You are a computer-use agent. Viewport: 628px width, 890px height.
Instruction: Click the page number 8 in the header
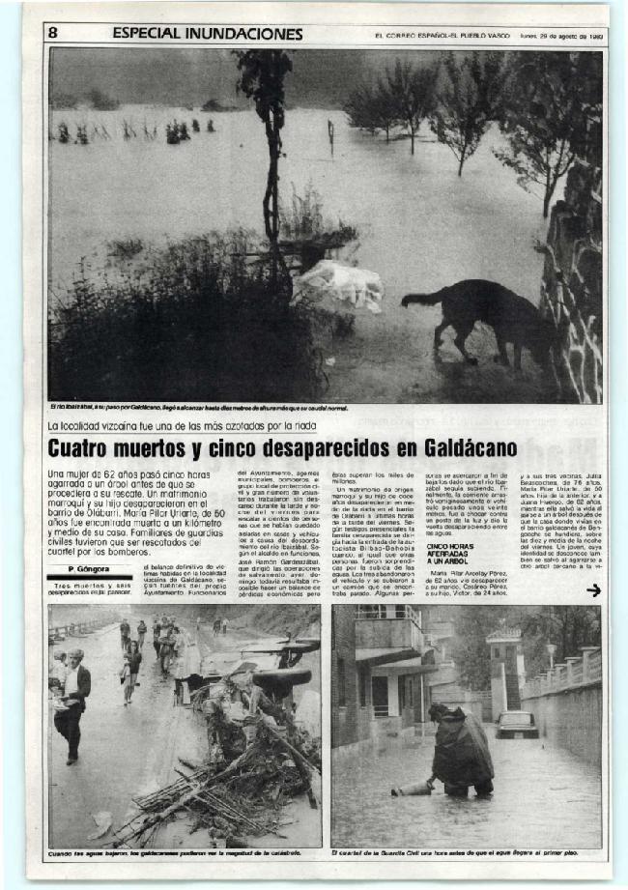(x=54, y=33)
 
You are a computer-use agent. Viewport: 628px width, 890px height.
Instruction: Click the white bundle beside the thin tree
(x=337, y=287)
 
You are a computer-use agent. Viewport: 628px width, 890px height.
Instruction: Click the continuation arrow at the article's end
(x=593, y=590)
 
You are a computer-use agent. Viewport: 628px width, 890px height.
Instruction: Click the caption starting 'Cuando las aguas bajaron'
(x=175, y=854)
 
